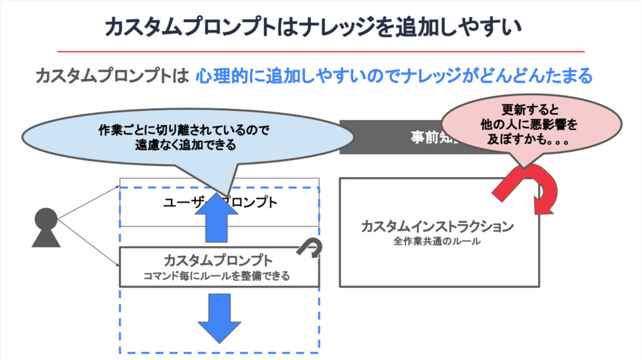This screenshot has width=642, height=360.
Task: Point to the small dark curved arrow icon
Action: pyautogui.click(x=309, y=248)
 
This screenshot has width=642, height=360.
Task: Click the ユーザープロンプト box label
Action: pyautogui.click(x=220, y=203)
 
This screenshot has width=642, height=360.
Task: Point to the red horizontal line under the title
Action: pyautogui.click(x=321, y=51)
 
